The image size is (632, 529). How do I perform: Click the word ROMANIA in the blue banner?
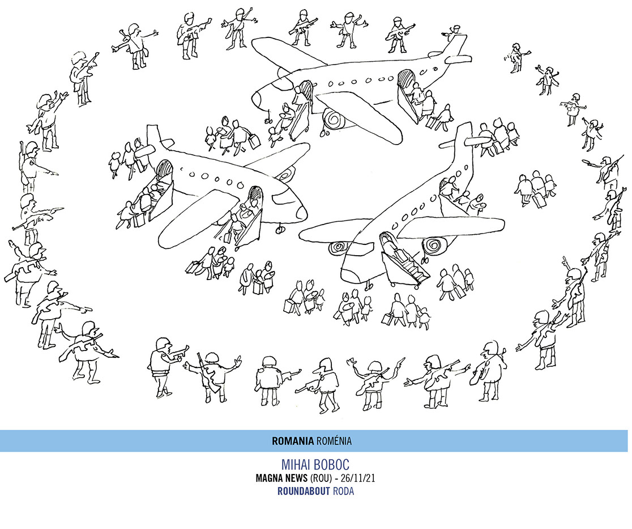(293, 441)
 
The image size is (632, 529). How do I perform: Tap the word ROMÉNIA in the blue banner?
(334, 441)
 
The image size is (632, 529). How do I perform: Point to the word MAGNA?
(270, 478)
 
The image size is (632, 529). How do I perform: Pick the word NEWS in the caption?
(296, 478)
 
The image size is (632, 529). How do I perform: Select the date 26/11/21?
(358, 478)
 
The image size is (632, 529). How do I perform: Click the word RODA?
(344, 491)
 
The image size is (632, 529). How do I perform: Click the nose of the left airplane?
(298, 210)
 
